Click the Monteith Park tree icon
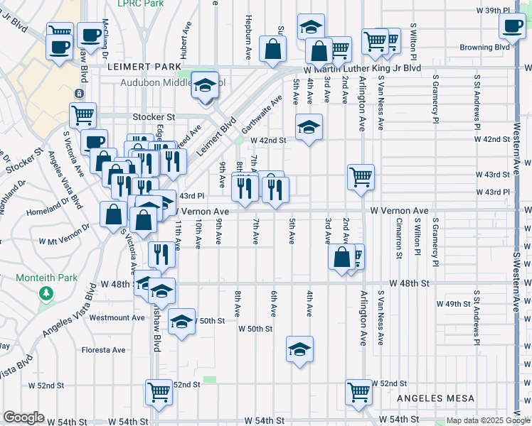pos(47,293)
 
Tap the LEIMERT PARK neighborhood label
pos(145,67)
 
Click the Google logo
pos(24,417)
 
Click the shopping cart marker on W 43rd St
pos(361,177)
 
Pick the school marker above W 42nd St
pos(309,126)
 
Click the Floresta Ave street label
pos(104,350)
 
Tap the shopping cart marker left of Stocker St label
pos(83,114)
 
